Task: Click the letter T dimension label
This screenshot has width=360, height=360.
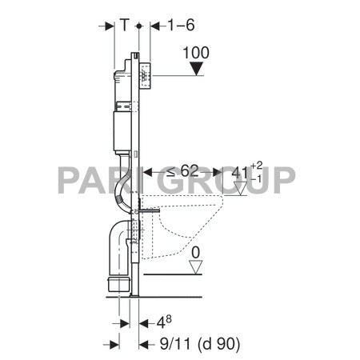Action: click(125, 25)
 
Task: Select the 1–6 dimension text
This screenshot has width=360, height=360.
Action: click(182, 25)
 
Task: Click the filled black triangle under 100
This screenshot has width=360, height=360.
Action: click(195, 70)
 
